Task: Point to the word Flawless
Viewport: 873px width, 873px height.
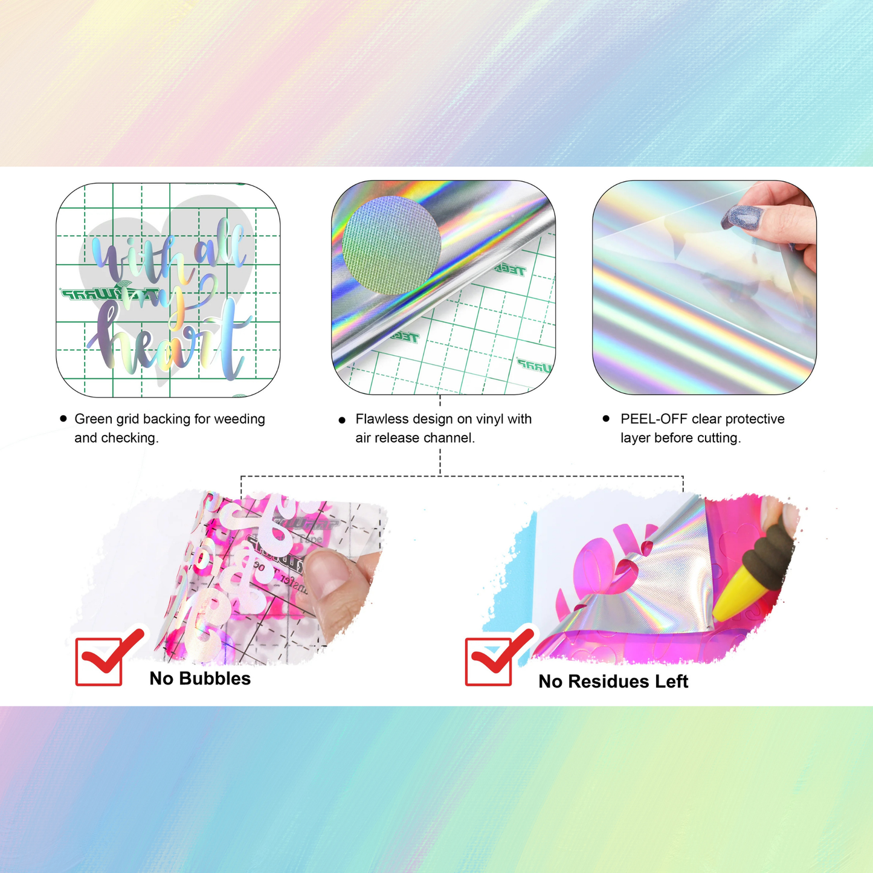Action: pyautogui.click(x=382, y=419)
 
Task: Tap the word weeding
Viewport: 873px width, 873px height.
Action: pyautogui.click(x=241, y=419)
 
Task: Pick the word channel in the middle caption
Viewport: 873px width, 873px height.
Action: pyautogui.click(x=448, y=437)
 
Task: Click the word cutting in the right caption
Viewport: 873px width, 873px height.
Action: pyautogui.click(x=718, y=437)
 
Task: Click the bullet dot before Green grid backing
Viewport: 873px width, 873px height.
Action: pyautogui.click(x=63, y=418)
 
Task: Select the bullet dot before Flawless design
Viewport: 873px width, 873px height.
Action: pyautogui.click(x=342, y=419)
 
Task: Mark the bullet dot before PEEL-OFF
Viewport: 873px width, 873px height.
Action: pyautogui.click(x=606, y=418)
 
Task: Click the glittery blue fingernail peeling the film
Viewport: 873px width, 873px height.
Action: pyautogui.click(x=736, y=216)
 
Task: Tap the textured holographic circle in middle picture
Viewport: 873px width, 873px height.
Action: pyautogui.click(x=391, y=245)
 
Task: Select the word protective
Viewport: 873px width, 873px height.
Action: pyautogui.click(x=755, y=419)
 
